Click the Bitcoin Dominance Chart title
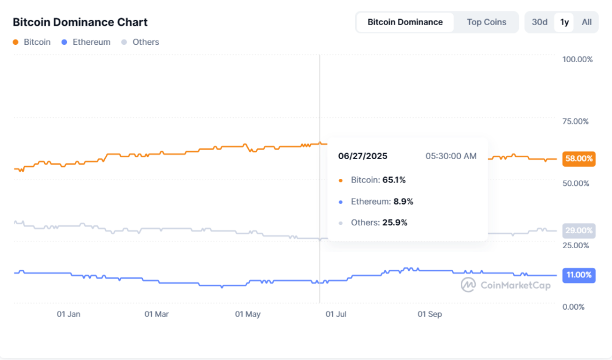point(80,22)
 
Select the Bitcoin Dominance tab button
point(405,22)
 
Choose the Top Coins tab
point(486,22)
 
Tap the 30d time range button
point(539,22)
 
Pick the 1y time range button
point(564,22)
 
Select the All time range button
point(586,22)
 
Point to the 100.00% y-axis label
point(577,59)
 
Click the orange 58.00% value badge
point(579,158)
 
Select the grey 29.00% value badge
point(579,231)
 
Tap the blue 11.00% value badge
point(579,275)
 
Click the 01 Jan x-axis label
point(68,314)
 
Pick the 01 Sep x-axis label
point(429,314)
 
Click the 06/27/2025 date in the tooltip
point(363,156)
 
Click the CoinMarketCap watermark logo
point(506,285)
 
